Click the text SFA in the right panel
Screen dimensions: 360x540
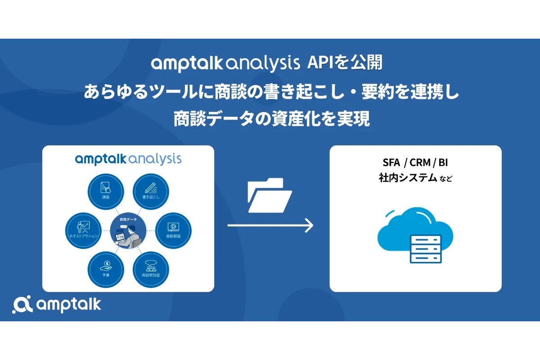[x=393, y=162]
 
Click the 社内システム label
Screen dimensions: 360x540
[x=408, y=178]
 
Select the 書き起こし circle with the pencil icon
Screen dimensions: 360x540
[x=150, y=190]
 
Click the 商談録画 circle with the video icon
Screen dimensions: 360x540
[x=172, y=228]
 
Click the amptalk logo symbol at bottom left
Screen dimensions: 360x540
[x=21, y=305]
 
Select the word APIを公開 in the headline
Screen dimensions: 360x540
[x=344, y=63]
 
